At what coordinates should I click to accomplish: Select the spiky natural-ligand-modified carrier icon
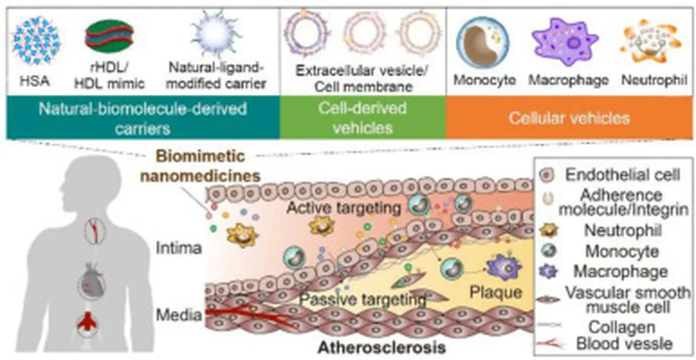coord(212,35)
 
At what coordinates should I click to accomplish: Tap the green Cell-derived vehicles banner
coord(363,118)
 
